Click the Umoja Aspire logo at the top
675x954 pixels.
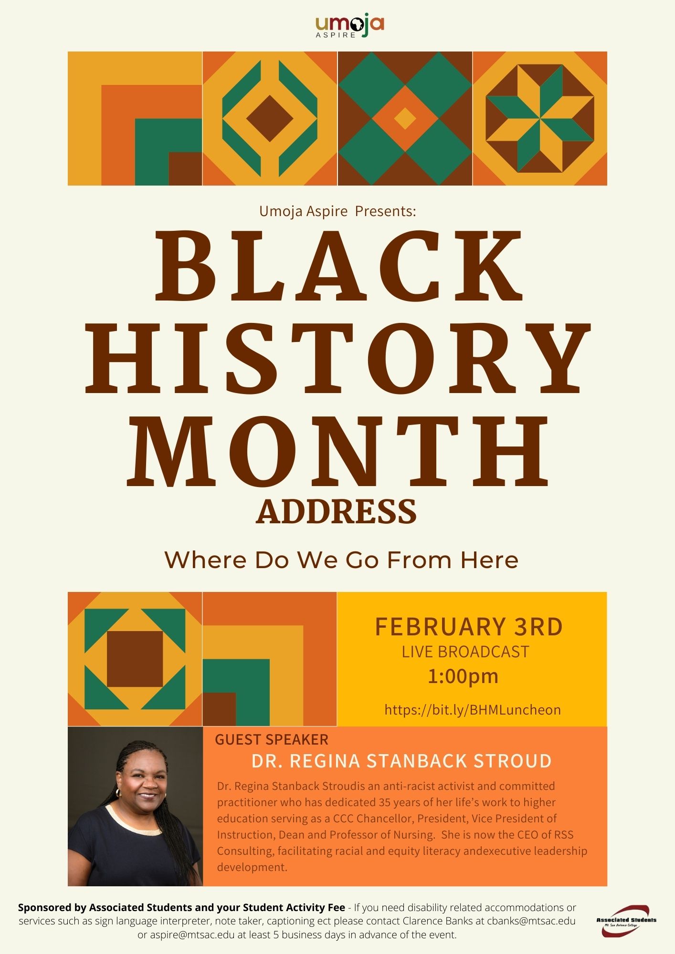[350, 27]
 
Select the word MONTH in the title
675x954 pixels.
[338, 450]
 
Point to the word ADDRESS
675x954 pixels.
[337, 511]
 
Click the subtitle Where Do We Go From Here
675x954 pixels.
[341, 560]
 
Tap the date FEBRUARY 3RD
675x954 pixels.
[469, 627]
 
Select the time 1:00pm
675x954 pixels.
[463, 676]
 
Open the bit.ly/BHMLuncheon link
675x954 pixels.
[473, 710]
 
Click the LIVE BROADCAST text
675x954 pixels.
[465, 652]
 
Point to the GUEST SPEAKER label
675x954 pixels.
[272, 739]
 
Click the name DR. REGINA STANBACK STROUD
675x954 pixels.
[401, 761]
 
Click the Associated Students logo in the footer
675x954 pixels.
[626, 921]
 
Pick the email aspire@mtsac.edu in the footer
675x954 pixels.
[192, 935]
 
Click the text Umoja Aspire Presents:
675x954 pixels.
[337, 211]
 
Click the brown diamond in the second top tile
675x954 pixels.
[270, 118]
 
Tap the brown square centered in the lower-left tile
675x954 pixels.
[135, 659]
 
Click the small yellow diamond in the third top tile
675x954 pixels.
[405, 118]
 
